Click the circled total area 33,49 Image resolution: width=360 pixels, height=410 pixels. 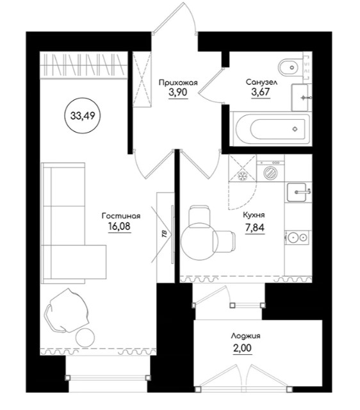point(83,115)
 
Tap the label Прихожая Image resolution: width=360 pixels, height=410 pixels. point(178,83)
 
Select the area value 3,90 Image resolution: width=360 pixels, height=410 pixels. point(178,92)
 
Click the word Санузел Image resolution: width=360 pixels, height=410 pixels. point(261,82)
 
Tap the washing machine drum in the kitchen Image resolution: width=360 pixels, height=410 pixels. point(270,172)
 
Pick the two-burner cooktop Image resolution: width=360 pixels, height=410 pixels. point(298,238)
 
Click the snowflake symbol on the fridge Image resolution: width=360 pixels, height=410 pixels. point(242,176)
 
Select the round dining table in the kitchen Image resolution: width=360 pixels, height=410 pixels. point(198,242)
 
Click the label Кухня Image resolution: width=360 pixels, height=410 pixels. point(254,215)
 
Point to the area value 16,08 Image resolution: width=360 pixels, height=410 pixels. point(119,226)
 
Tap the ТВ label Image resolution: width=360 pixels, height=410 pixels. point(164,234)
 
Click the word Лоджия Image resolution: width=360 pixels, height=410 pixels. point(246,336)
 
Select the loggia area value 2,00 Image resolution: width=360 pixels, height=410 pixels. point(242,348)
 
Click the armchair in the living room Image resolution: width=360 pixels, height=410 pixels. point(67,310)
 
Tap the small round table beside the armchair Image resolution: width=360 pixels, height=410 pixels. point(85,338)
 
